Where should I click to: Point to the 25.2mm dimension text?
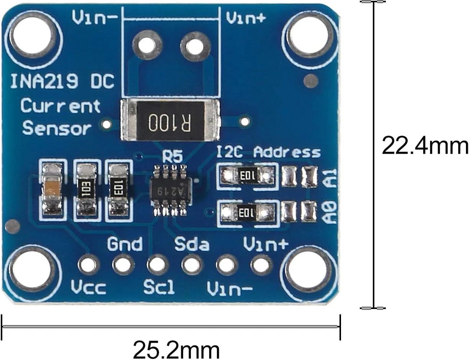point(176,350)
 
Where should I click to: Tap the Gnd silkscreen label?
point(125,244)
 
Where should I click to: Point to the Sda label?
point(192,244)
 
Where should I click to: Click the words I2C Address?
point(268,152)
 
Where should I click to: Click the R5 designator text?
point(172,156)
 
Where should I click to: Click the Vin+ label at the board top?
point(246,18)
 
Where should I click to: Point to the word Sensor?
point(57,128)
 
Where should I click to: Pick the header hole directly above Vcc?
point(89,265)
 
